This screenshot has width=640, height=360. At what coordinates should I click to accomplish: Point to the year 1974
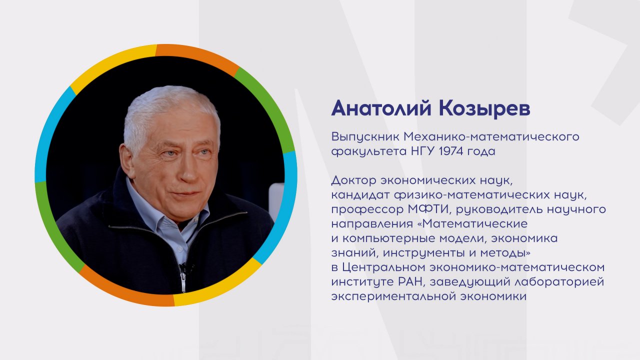(x=451, y=151)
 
